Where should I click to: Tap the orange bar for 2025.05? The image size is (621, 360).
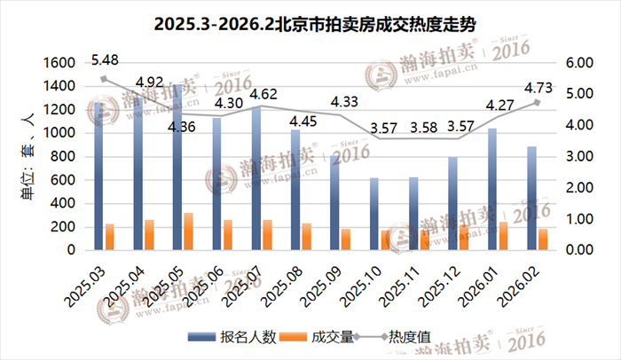point(188,231)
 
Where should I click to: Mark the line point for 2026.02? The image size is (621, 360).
point(536,103)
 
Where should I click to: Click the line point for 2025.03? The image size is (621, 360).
point(104,79)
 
